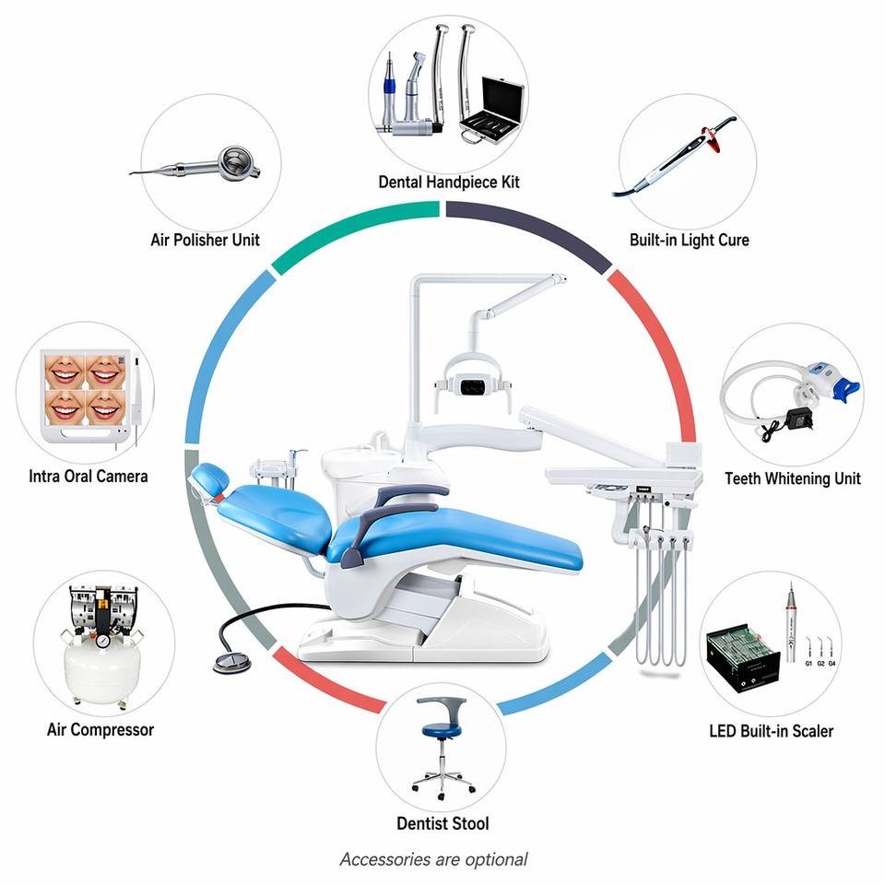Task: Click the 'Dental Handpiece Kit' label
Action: coord(449,183)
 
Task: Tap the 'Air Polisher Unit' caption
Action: coord(205,240)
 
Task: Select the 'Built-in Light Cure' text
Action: coord(690,240)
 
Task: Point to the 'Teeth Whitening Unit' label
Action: coord(793,478)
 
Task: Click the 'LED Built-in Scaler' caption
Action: coord(771,731)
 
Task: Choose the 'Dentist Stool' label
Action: coord(442,823)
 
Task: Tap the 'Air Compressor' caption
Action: coord(100,730)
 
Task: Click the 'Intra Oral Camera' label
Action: coord(88,477)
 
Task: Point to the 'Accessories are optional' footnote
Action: coord(433,859)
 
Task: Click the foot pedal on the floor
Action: coord(231,662)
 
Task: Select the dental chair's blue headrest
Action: coord(210,478)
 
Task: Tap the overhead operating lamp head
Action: coord(473,384)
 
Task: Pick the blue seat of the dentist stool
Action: coord(442,730)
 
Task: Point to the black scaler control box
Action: coord(743,658)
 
